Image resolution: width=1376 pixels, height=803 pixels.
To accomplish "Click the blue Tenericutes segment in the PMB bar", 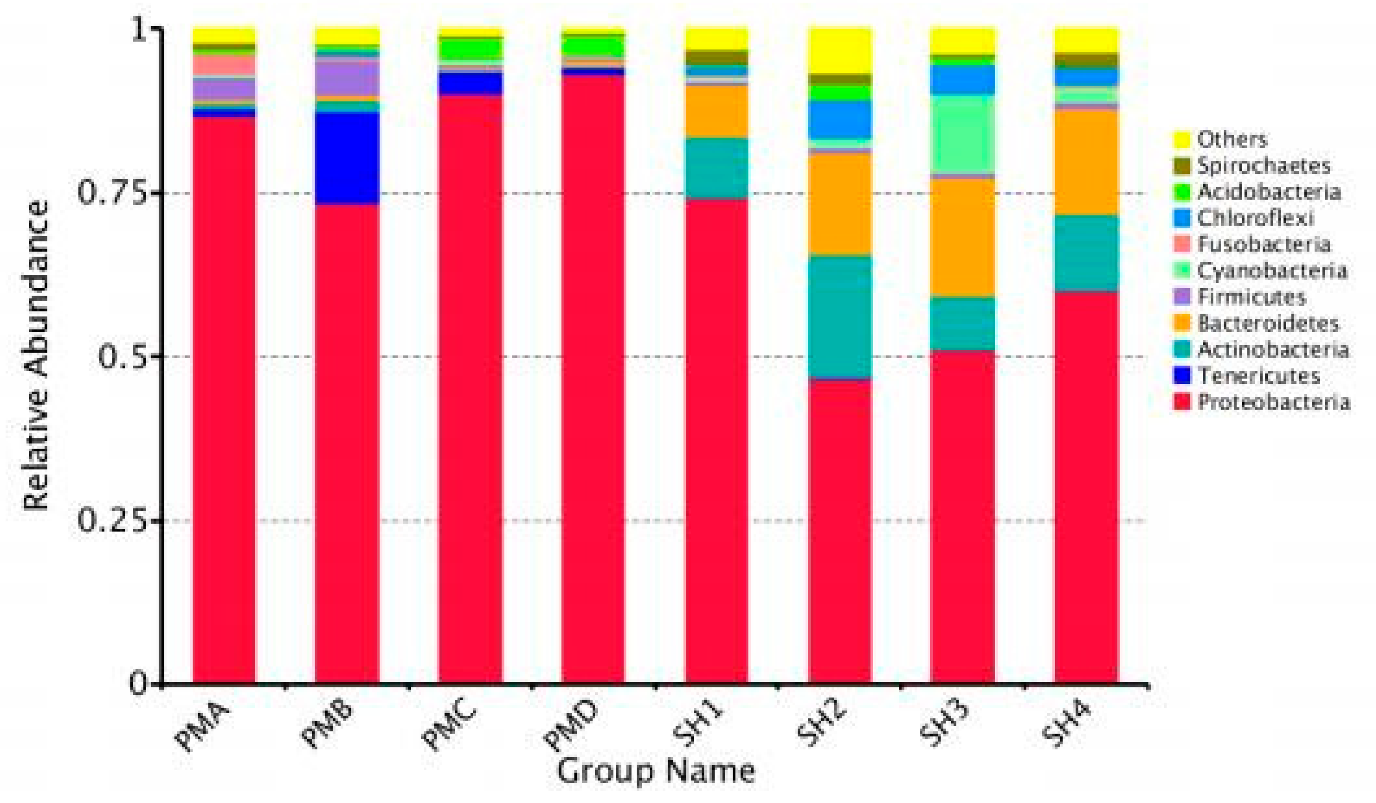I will click(347, 158).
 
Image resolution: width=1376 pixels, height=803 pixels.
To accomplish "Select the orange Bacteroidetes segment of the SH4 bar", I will click(1086, 163).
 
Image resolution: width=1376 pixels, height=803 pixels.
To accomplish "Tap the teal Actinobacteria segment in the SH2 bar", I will click(840, 316).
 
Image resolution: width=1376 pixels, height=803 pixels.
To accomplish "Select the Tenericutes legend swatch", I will click(1182, 376).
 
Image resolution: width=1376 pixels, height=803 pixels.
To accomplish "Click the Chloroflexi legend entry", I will click(1255, 218).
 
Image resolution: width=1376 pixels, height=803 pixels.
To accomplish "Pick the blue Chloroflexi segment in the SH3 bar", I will click(963, 80).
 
